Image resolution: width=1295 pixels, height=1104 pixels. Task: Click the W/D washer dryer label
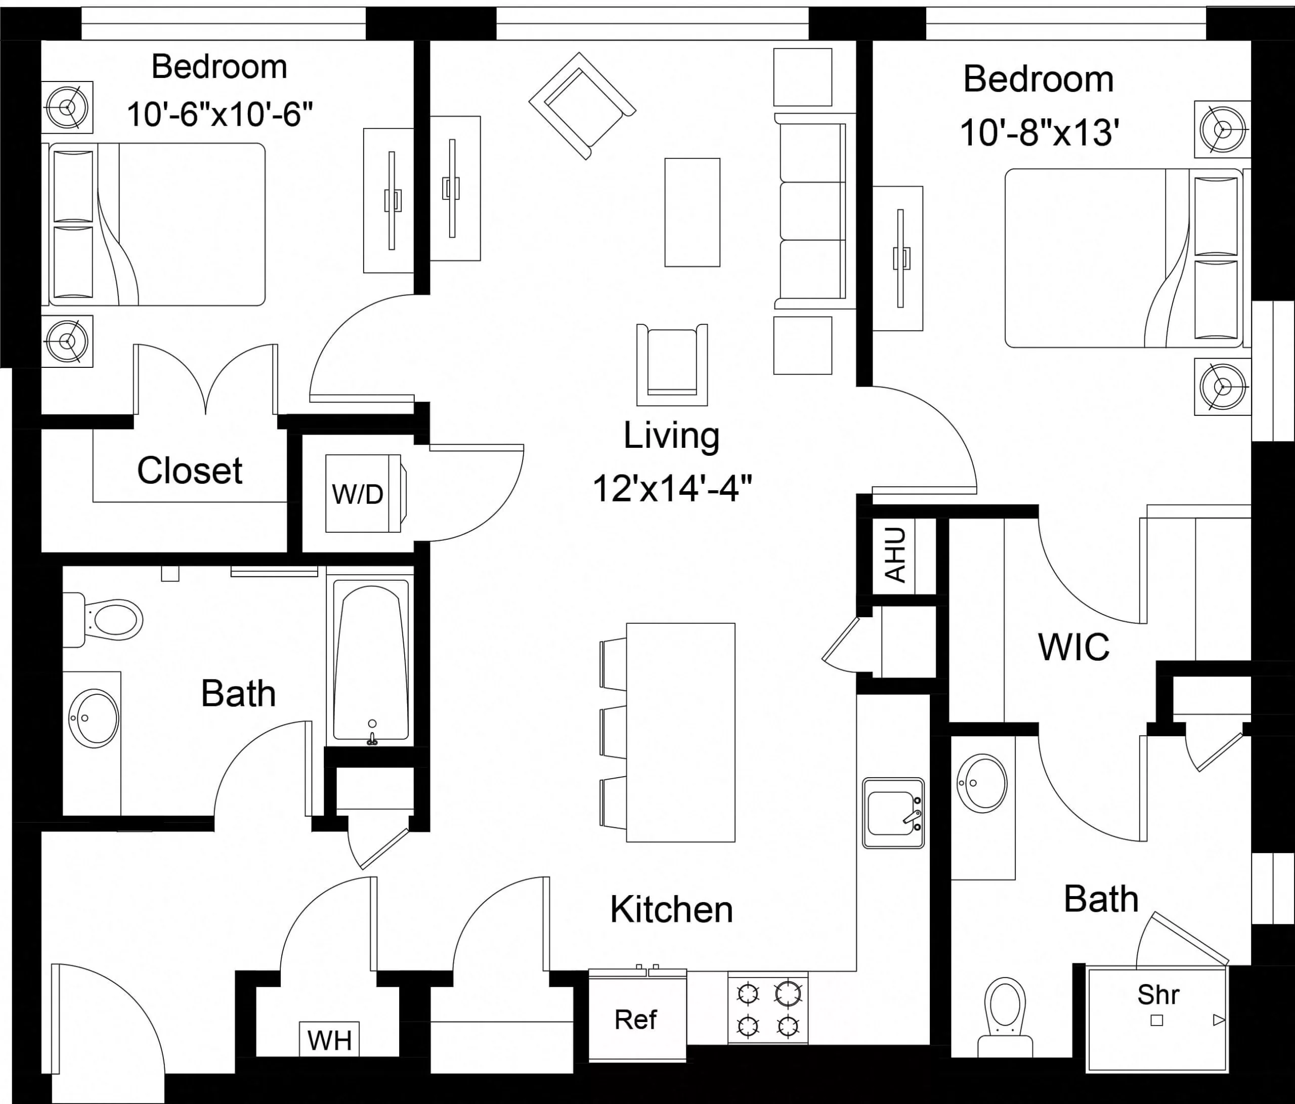[x=358, y=494]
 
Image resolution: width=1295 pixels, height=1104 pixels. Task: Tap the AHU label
[x=895, y=555]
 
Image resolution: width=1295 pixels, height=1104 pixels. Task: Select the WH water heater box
[x=329, y=1040]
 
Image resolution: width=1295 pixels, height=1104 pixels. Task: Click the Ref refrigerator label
[x=636, y=1020]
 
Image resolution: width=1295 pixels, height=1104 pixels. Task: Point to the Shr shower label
[x=1158, y=995]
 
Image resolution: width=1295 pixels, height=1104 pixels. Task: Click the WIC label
[x=1074, y=648]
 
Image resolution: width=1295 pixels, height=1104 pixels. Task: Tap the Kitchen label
[x=671, y=910]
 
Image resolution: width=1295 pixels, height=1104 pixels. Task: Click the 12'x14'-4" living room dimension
[x=672, y=488]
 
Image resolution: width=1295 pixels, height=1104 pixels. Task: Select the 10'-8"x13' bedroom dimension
[x=1039, y=133]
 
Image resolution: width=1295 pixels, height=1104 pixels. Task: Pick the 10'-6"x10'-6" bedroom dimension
[x=220, y=114]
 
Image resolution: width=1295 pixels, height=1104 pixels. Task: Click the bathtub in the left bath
[x=371, y=663]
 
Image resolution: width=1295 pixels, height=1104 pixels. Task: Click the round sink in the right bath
[x=982, y=783]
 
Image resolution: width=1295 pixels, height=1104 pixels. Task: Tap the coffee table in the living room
[x=692, y=213]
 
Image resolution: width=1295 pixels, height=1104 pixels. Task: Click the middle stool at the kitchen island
[x=614, y=732]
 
